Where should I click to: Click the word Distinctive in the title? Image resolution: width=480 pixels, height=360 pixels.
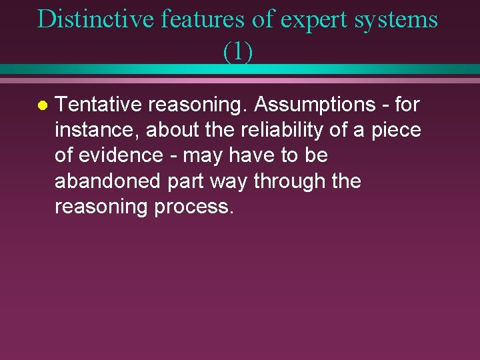pos(95,19)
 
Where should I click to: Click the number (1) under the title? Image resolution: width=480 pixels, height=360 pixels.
pos(238,51)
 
